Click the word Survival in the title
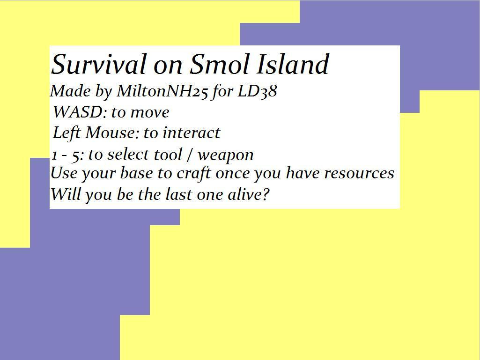click(x=98, y=65)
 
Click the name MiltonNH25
click(x=162, y=91)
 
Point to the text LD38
click(x=257, y=91)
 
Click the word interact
click(x=192, y=133)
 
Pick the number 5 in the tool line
click(x=75, y=155)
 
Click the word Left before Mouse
click(x=67, y=133)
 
